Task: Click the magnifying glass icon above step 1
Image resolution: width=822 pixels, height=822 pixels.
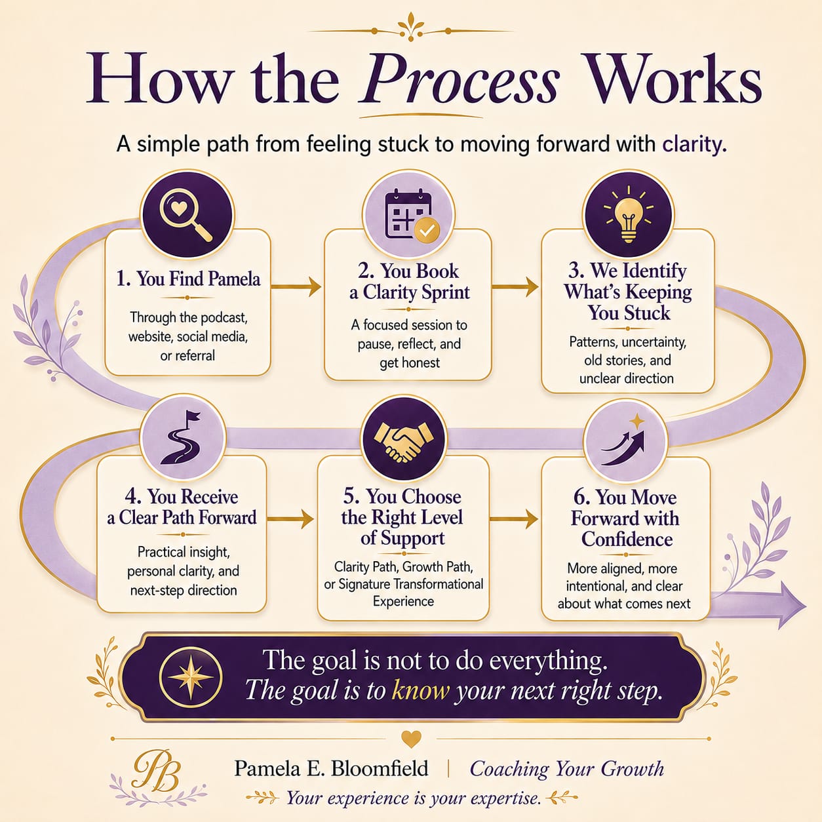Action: coord(186,215)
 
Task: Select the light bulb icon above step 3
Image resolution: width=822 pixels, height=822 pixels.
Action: coord(627,214)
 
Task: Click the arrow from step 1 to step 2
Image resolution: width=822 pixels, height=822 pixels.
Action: coord(296,286)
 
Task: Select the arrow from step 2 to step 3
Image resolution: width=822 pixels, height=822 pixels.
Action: coord(515,286)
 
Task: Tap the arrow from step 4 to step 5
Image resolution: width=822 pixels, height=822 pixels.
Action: coord(290,519)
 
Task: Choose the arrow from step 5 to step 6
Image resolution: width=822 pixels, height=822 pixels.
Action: coord(514,519)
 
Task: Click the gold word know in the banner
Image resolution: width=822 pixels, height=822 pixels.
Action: coord(420,690)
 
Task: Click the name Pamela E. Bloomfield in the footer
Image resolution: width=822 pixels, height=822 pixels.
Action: coord(331,768)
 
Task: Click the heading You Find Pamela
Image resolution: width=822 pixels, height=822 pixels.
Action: coord(188,279)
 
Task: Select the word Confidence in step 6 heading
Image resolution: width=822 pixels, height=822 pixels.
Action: coord(627,539)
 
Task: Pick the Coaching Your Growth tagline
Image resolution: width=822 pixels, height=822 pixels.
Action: coord(567,769)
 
